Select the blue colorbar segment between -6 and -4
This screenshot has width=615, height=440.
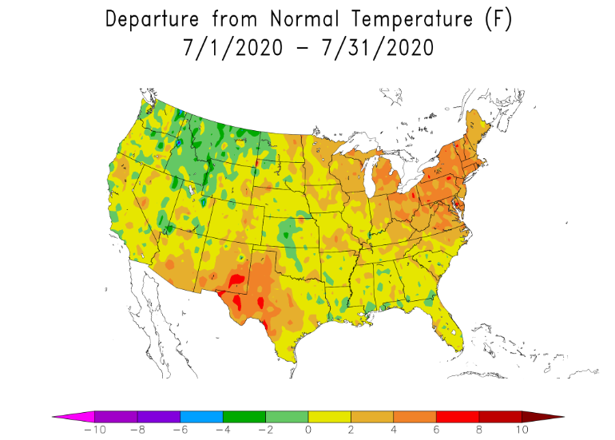point(201,416)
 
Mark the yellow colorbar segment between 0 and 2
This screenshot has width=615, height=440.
point(329,416)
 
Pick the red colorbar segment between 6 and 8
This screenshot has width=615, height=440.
point(458,416)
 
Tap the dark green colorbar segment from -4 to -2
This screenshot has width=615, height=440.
point(244,416)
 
